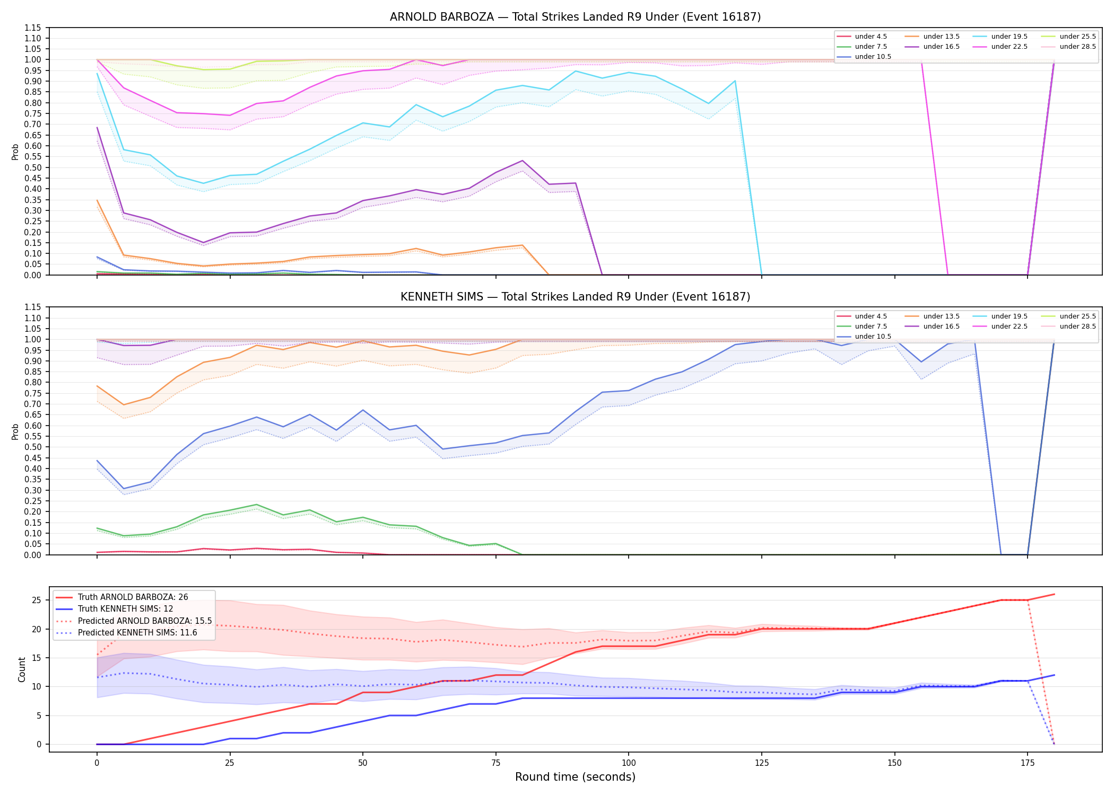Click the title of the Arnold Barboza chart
point(575,17)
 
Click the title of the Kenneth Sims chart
point(575,297)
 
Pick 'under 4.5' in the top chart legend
point(871,37)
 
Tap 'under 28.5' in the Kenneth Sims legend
point(1077,326)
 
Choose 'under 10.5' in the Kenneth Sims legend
point(873,337)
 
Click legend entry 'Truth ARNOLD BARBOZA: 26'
point(133,597)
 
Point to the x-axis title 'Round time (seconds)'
point(575,777)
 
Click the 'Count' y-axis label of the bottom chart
point(22,669)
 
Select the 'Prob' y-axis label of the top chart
point(15,152)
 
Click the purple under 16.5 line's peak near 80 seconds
point(522,161)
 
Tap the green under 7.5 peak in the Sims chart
point(256,505)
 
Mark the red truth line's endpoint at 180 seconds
point(1054,594)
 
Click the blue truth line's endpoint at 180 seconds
point(1054,675)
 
